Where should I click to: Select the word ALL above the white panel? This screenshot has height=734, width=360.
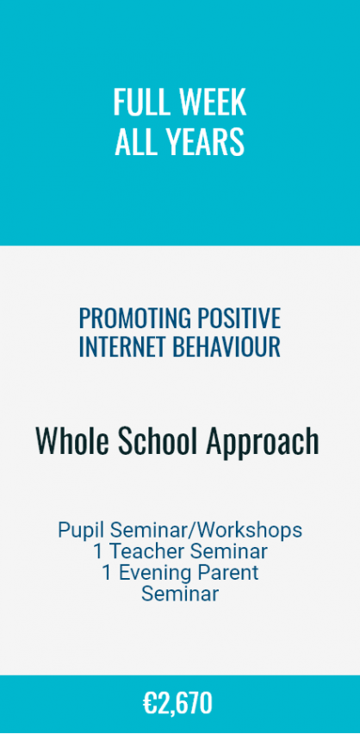(x=133, y=141)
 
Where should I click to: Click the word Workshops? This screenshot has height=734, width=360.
(x=250, y=531)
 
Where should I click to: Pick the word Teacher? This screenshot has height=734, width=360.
(x=146, y=551)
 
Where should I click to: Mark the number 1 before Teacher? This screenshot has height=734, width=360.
(x=97, y=551)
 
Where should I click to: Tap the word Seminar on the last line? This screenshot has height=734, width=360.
(x=180, y=594)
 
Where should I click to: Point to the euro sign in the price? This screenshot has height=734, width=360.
(x=150, y=704)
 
